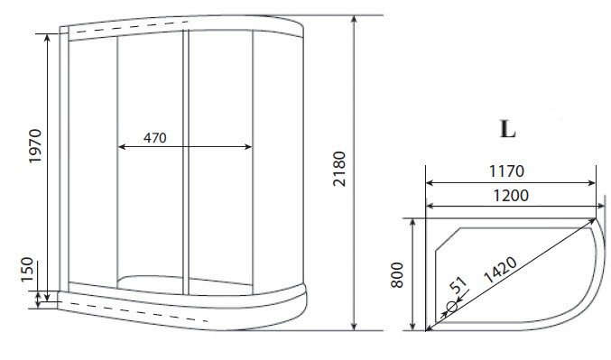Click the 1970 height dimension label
(x=35, y=146)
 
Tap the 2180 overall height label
(x=339, y=169)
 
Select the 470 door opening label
(x=154, y=138)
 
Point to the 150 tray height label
(x=27, y=270)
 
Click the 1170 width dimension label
(x=506, y=171)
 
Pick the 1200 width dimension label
(x=511, y=195)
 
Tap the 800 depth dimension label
(x=397, y=275)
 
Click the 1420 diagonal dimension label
(x=500, y=270)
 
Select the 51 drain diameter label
(x=458, y=285)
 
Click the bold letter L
(x=507, y=129)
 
